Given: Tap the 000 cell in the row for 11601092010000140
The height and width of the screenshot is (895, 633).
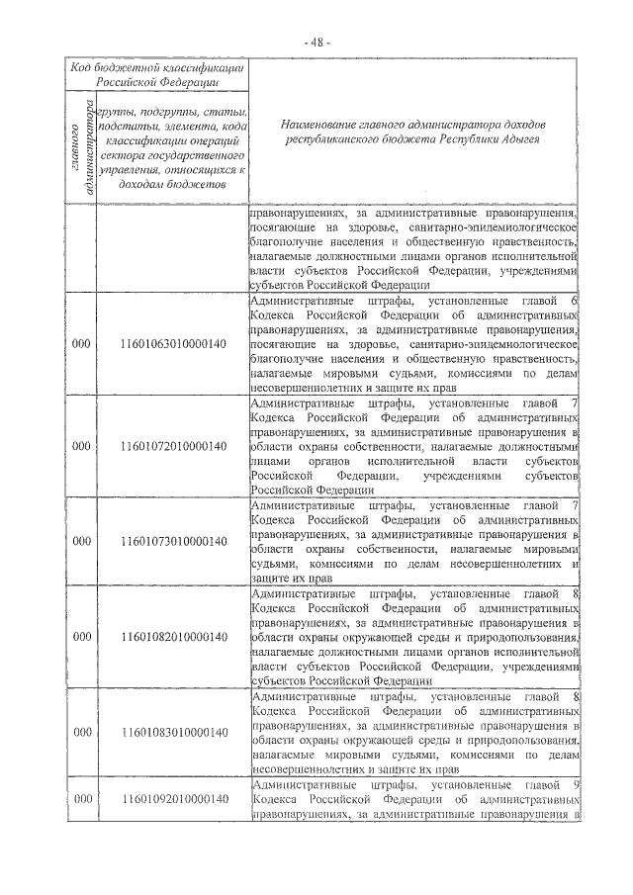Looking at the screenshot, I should pyautogui.click(x=83, y=798).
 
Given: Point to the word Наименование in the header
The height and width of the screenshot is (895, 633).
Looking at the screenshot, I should pyautogui.click(x=321, y=127).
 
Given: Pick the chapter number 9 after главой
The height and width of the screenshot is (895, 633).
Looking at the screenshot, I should pyautogui.click(x=575, y=786).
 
